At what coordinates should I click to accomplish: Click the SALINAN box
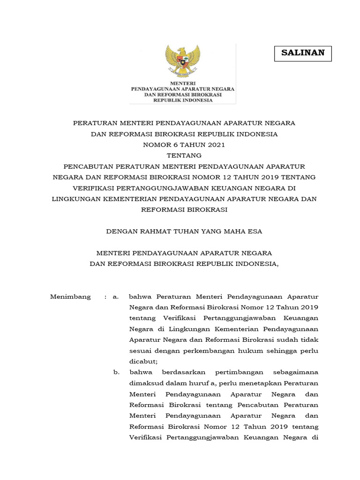(x=303, y=53)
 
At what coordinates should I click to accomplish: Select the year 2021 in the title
(x=215, y=144)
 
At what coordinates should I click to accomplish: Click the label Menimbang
(x=70, y=297)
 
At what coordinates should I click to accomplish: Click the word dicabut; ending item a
(x=143, y=361)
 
